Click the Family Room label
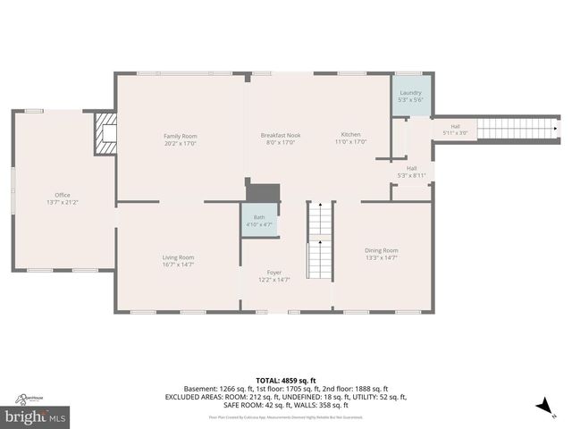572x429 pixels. [180, 135]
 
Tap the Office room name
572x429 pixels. [63, 195]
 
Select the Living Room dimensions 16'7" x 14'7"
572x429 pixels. [179, 265]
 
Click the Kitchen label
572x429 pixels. [350, 135]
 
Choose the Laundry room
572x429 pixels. [411, 94]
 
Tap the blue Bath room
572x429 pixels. [258, 221]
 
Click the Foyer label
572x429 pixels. [274, 273]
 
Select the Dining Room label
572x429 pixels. [382, 250]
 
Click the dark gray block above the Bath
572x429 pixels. [263, 193]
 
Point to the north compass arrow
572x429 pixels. [542, 408]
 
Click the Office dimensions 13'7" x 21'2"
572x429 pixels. [63, 202]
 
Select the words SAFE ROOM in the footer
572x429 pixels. [243, 404]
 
